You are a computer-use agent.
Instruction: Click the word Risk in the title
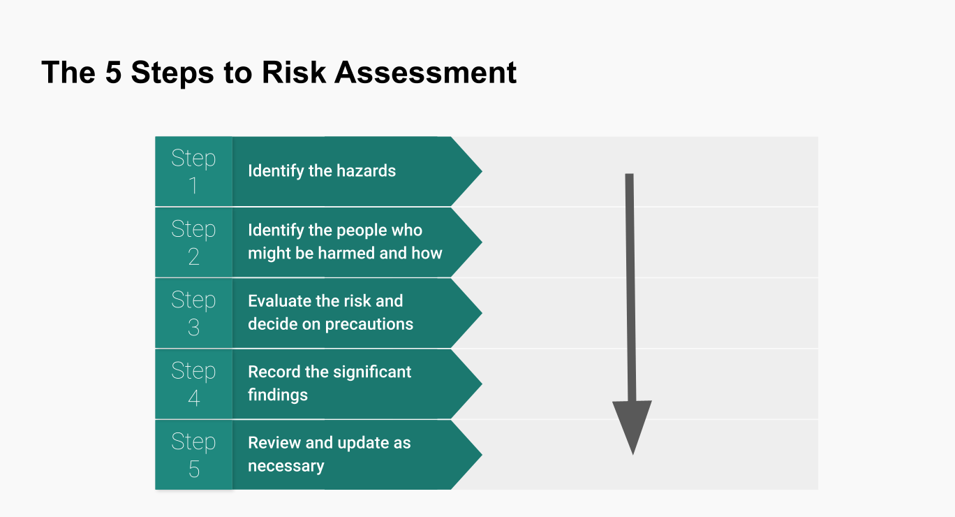coord(294,72)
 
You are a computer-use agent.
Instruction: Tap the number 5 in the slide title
coord(113,72)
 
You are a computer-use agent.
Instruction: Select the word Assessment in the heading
coord(425,72)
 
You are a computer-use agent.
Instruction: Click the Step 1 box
coord(193,171)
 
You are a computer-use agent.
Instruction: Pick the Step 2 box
coord(193,242)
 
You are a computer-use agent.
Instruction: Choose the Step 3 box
coord(193,313)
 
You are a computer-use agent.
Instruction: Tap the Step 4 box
coord(193,384)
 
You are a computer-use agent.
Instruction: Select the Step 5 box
coord(193,455)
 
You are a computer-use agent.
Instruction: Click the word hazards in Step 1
coord(366,170)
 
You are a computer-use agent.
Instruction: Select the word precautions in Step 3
coord(369,324)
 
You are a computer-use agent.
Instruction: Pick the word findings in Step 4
coord(278,395)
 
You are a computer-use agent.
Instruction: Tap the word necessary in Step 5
coord(286,466)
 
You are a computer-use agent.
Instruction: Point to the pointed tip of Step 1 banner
coord(482,171)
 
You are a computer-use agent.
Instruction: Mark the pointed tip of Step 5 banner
coord(482,455)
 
